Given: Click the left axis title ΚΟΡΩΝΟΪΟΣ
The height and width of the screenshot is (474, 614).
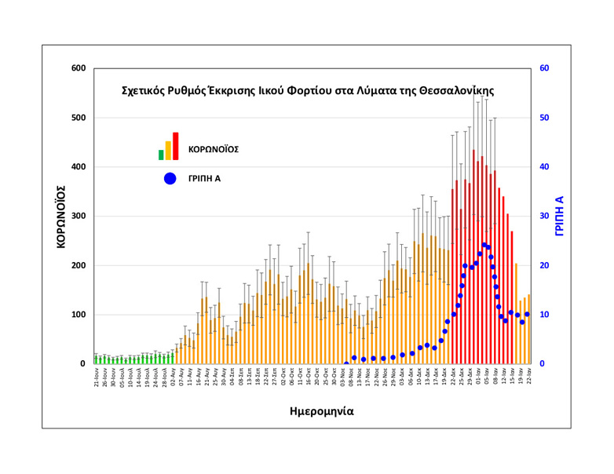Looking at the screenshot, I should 60,217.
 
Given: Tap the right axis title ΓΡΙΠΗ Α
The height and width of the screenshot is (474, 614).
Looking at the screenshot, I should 559,217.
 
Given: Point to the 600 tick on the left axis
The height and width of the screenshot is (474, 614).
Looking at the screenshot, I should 77,68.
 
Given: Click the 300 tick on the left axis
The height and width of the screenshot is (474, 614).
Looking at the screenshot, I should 77,217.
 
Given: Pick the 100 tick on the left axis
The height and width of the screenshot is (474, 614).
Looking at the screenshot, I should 77,315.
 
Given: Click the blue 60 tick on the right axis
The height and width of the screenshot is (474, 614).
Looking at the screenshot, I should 544,68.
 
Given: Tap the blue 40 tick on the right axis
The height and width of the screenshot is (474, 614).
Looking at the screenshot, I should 544,167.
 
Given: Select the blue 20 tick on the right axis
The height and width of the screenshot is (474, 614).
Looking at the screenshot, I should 544,265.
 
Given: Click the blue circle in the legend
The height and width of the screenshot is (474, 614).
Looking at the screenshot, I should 170,178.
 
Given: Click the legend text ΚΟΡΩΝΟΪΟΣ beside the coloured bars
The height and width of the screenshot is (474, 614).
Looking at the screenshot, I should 214,148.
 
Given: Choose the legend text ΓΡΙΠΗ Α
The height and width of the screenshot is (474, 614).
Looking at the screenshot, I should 204,178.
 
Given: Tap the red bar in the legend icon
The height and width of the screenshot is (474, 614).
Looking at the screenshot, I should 176,146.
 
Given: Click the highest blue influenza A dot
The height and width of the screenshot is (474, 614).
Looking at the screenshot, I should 484,246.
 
